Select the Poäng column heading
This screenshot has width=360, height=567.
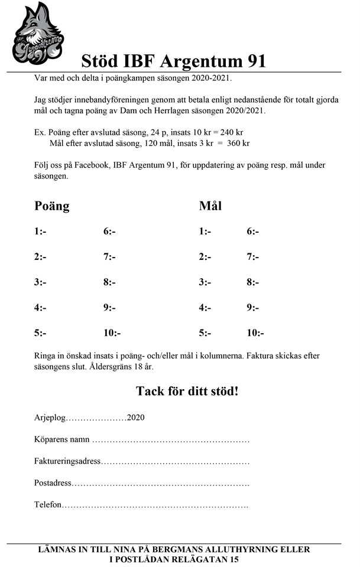(52, 206)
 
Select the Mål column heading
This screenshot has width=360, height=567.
(210, 206)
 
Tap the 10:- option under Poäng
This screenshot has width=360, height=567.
(112, 333)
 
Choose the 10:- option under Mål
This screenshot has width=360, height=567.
(255, 333)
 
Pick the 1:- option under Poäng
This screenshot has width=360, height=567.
(40, 232)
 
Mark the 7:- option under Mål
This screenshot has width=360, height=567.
(252, 257)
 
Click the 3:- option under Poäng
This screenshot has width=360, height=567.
(40, 282)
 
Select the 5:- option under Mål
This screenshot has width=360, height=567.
(205, 333)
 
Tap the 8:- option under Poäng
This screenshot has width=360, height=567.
(109, 282)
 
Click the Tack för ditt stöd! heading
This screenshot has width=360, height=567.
(187, 391)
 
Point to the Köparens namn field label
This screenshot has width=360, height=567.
(62, 439)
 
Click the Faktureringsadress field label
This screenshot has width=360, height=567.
(68, 461)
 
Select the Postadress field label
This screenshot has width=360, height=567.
(53, 483)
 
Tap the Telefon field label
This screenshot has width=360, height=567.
(48, 505)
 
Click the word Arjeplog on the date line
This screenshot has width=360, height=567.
(50, 418)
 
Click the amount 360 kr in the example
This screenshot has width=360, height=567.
(238, 144)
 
